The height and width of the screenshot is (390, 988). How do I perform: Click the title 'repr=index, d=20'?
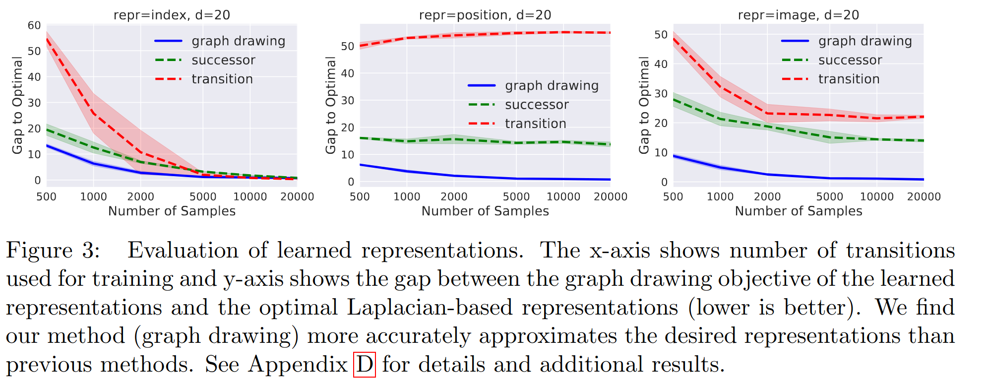click(172, 15)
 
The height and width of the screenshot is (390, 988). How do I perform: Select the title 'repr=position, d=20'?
click(485, 15)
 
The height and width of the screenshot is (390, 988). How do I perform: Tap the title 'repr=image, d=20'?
click(799, 15)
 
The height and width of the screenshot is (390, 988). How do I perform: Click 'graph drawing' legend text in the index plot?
click(239, 41)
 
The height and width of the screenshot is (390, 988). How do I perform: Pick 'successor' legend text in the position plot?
click(537, 105)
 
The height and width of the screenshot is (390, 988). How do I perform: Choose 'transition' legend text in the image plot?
click(849, 79)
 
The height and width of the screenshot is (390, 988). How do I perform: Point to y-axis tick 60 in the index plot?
click(34, 25)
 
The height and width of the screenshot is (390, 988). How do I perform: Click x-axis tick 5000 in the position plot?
click(516, 197)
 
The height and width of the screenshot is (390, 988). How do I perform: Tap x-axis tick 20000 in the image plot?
click(924, 197)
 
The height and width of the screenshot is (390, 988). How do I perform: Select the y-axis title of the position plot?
click(331, 105)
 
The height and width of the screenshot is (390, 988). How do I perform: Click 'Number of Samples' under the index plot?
click(172, 211)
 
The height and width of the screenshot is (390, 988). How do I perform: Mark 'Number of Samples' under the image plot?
click(799, 211)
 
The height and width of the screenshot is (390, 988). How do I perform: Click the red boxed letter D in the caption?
click(364, 365)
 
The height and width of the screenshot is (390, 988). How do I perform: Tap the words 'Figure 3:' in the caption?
click(53, 250)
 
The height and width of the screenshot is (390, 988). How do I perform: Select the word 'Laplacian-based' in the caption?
click(429, 307)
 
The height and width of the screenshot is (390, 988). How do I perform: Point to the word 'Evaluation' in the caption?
click(183, 250)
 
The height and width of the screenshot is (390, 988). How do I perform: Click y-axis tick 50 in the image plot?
click(661, 35)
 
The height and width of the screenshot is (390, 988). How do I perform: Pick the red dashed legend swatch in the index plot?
click(168, 79)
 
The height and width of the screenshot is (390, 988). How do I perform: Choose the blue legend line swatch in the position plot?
click(482, 86)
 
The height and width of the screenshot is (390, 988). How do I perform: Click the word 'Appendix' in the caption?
click(298, 365)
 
